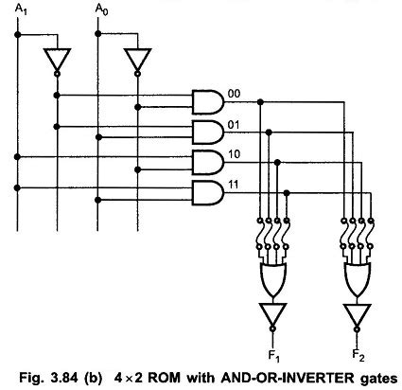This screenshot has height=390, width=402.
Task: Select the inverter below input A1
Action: click(56, 60)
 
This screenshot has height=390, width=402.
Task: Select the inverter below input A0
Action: click(136, 60)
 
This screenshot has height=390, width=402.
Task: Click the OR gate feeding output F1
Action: click(273, 278)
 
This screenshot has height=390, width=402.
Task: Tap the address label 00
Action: click(234, 92)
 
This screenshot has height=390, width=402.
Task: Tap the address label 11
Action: click(234, 185)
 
